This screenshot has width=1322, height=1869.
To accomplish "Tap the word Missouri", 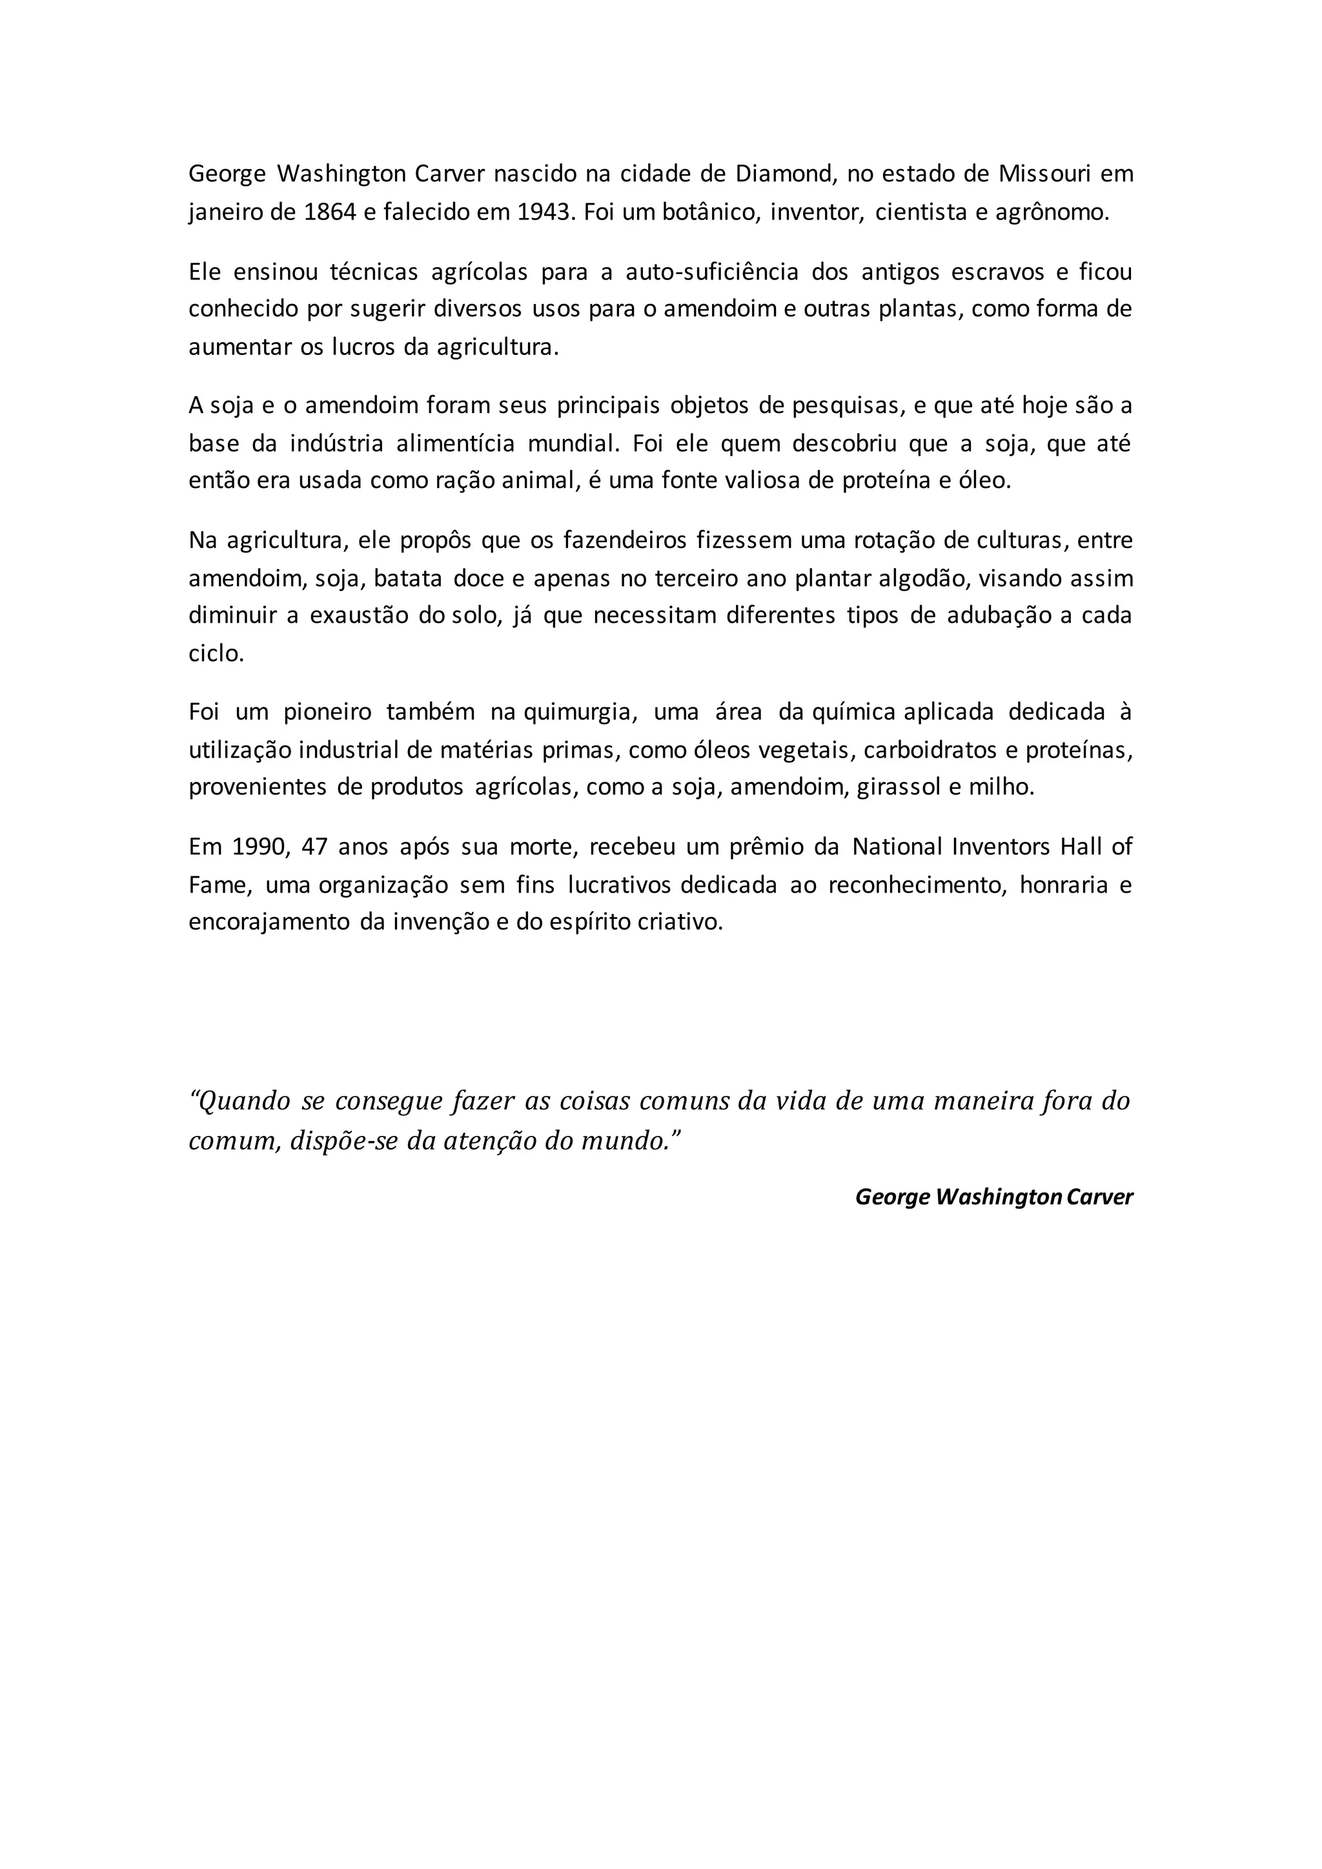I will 1044,174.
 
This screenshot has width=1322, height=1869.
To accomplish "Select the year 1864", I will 330,212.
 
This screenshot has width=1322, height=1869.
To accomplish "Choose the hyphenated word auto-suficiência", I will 711,271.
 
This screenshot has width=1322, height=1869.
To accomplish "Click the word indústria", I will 336,443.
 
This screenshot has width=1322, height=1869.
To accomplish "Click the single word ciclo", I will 216,654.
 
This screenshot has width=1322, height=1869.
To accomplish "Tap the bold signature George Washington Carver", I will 993,1197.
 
